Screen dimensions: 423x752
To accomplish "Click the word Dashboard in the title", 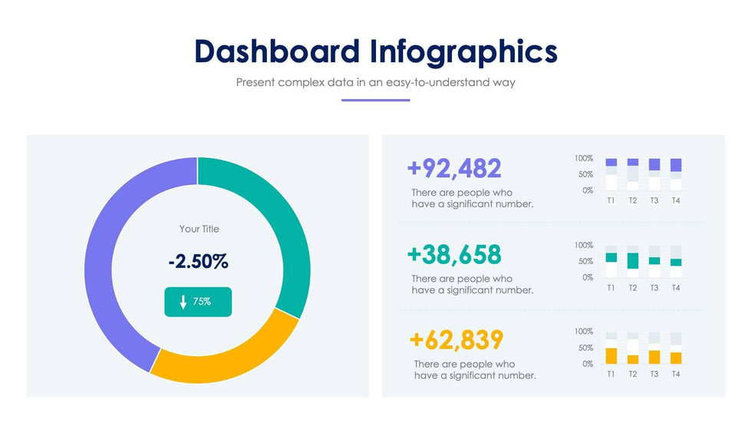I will pyautogui.click(x=276, y=51).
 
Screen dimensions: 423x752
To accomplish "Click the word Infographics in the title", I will pyautogui.click(x=463, y=52).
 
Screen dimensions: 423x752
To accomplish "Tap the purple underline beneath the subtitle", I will pyautogui.click(x=375, y=100).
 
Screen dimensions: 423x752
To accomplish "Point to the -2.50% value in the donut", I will pyautogui.click(x=198, y=262).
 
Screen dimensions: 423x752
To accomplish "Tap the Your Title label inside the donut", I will pyautogui.click(x=199, y=229).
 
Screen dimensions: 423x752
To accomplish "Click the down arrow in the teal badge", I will pyautogui.click(x=183, y=302).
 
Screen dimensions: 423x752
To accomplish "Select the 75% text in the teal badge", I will pyautogui.click(x=202, y=302).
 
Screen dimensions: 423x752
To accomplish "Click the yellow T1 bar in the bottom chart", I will pyautogui.click(x=612, y=355).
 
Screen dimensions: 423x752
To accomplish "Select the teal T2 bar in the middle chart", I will pyautogui.click(x=633, y=261).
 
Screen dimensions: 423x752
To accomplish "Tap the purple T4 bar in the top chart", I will pyautogui.click(x=675, y=165).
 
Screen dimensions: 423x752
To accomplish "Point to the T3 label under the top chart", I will pyautogui.click(x=654, y=201).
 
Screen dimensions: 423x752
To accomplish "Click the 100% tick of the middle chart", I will pyautogui.click(x=583, y=245).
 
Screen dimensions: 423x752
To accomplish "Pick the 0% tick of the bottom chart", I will pyautogui.click(x=587, y=363).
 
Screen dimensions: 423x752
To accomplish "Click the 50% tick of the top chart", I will pyautogui.click(x=585, y=174).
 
